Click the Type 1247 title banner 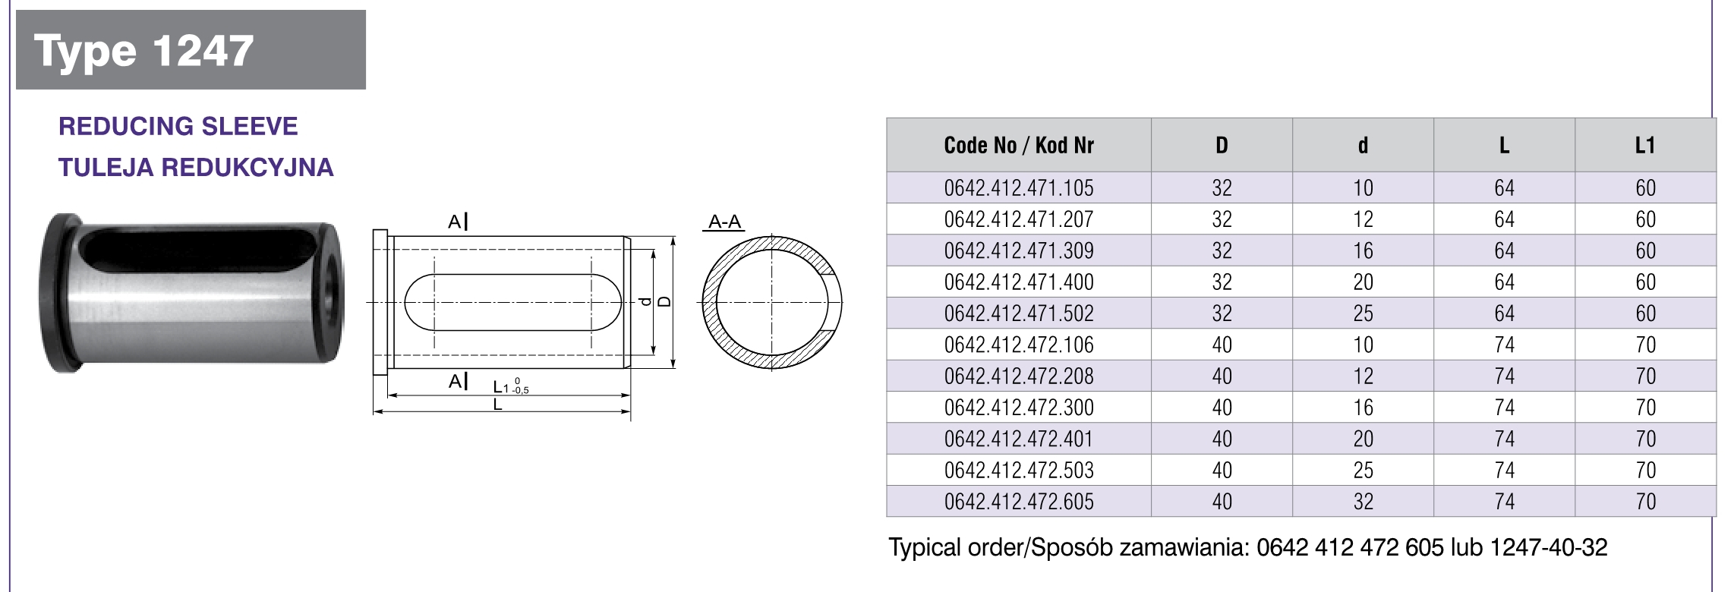pos(190,50)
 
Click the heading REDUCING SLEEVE pos(178,126)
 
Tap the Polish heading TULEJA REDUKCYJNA pos(196,167)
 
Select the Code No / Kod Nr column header pos(1018,145)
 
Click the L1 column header pos(1644,145)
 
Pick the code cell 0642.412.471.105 pos(1018,187)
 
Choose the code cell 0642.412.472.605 pos(1018,501)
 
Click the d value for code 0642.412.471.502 pos(1363,313)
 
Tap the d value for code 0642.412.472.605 pos(1363,501)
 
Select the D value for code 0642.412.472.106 pos(1222,345)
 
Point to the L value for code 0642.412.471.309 pos(1504,250)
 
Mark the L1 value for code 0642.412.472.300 pos(1645,407)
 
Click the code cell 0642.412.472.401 pos(1018,439)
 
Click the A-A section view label pos(724,222)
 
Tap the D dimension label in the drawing pos(665,301)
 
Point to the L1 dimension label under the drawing pos(502,387)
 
